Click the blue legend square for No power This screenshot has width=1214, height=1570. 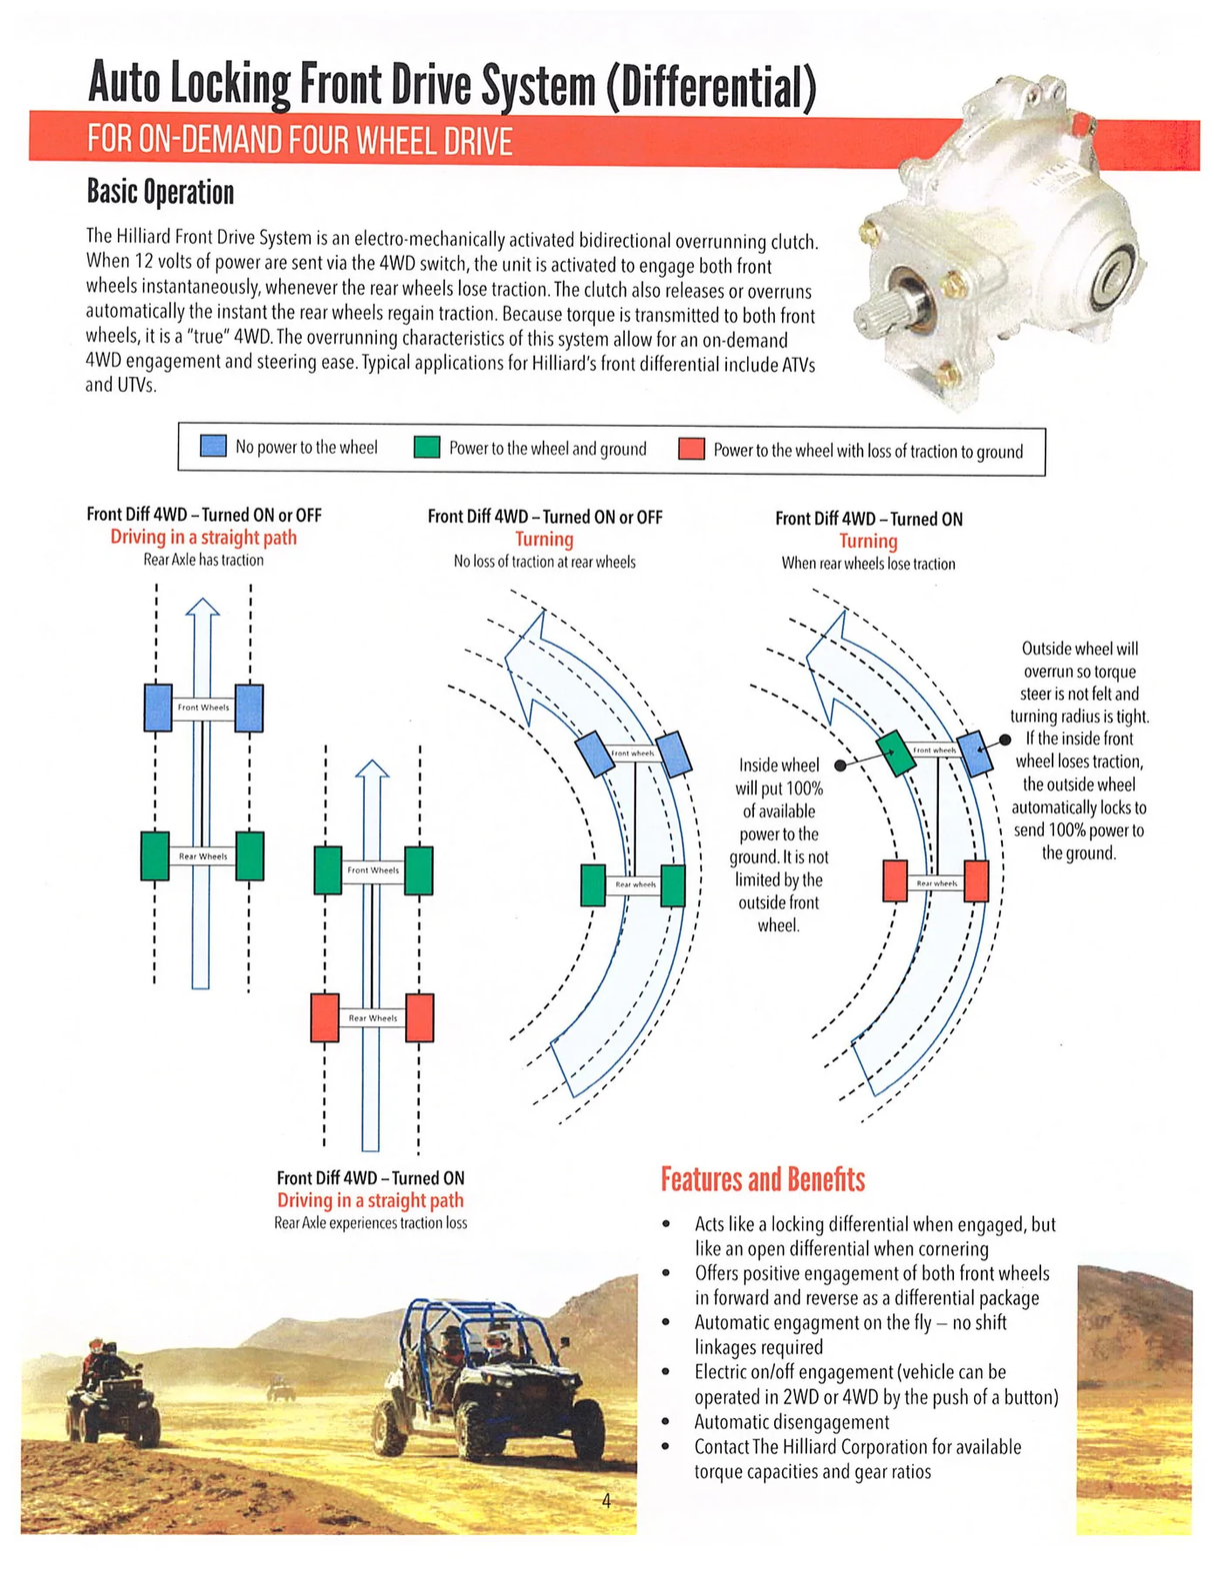tap(213, 446)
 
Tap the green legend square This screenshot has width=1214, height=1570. tap(427, 447)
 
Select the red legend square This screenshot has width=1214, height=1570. tap(691, 449)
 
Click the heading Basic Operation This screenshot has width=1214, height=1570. tap(160, 192)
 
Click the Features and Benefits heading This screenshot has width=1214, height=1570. tap(762, 1179)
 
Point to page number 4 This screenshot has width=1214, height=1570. tap(606, 1499)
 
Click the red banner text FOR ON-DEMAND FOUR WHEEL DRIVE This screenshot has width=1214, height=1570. tap(300, 140)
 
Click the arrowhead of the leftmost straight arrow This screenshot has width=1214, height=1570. tap(203, 607)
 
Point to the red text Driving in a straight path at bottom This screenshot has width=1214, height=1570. tap(370, 1200)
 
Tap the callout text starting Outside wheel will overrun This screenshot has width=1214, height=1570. tap(1079, 750)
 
